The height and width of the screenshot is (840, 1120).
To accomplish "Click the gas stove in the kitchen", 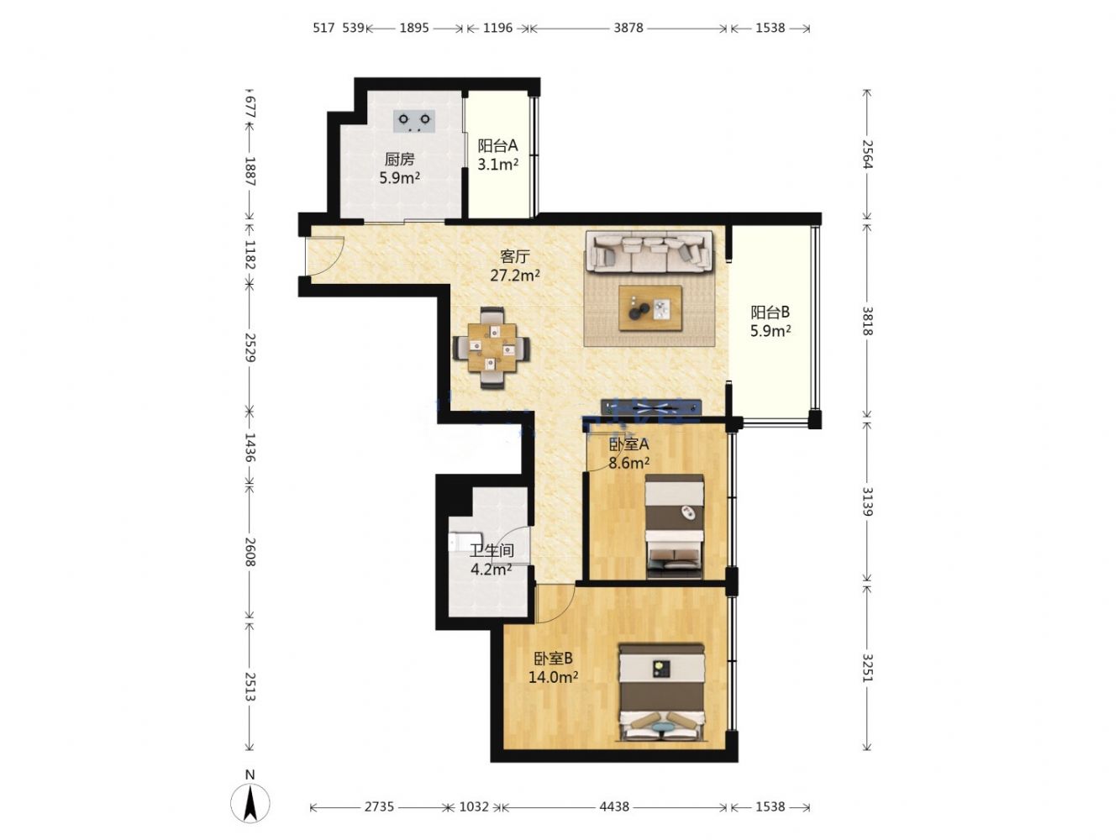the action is (x=414, y=121).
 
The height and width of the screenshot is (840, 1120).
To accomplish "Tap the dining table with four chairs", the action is (x=491, y=348).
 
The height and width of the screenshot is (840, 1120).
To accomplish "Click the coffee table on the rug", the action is (x=650, y=307).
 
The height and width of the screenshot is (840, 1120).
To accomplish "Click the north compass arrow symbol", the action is (x=250, y=804).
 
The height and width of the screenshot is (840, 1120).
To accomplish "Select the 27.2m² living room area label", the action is (x=515, y=276).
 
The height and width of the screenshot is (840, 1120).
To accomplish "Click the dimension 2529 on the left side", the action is (x=249, y=347).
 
